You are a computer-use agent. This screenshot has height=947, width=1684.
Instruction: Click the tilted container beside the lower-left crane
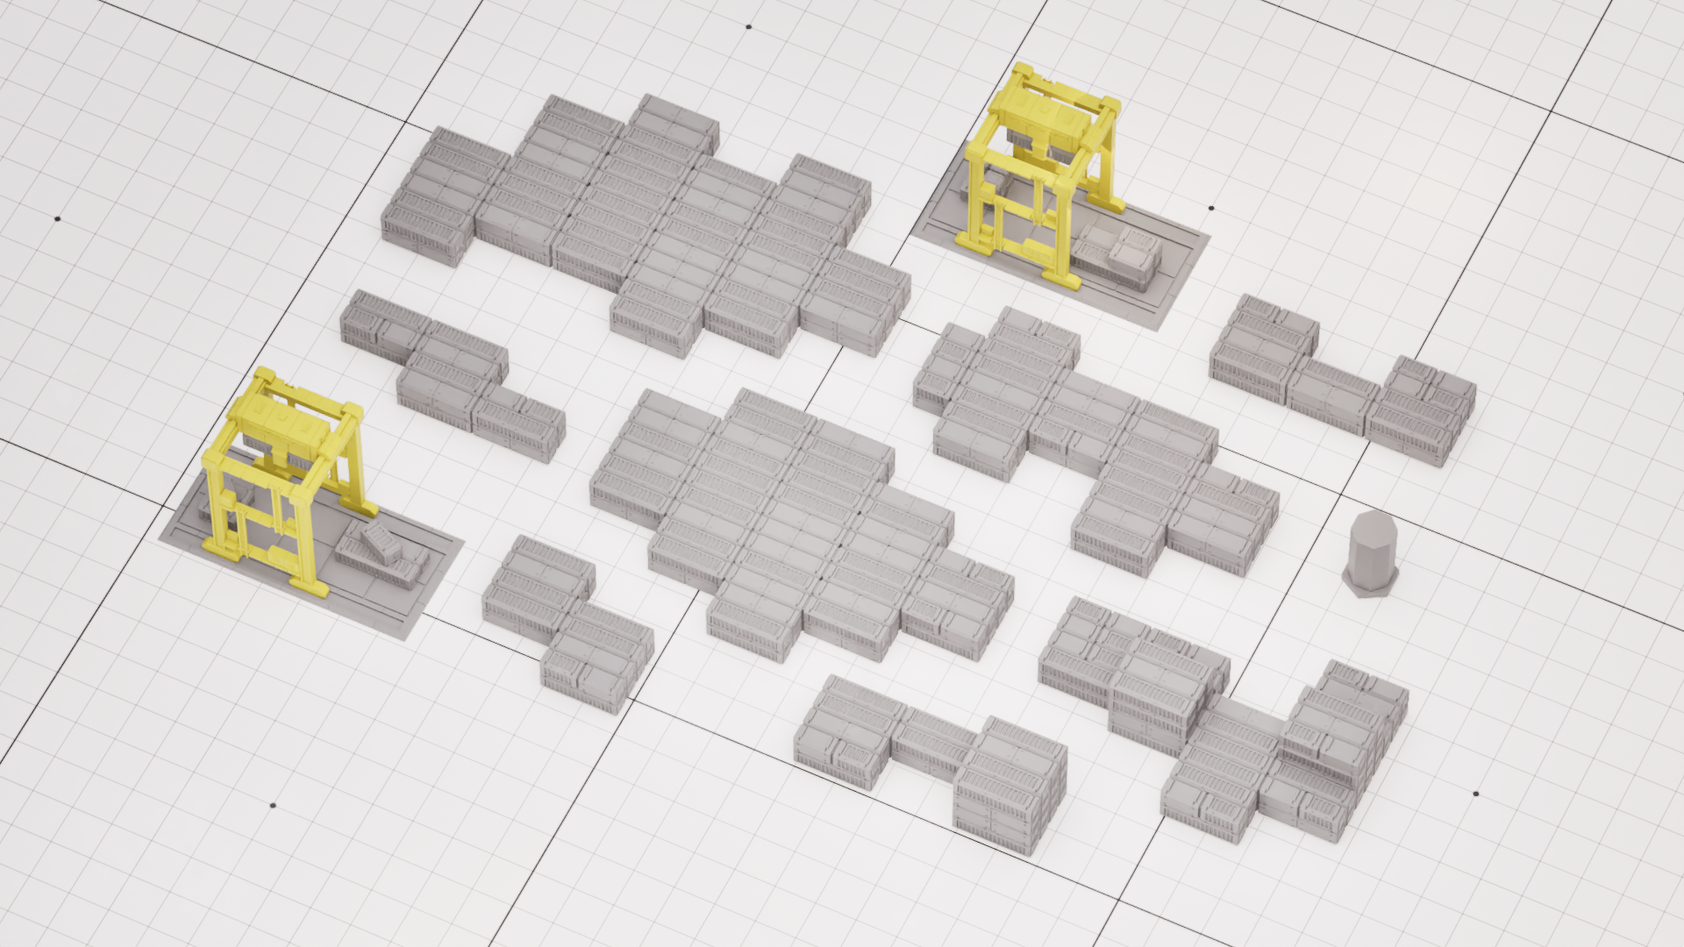pyautogui.click(x=379, y=541)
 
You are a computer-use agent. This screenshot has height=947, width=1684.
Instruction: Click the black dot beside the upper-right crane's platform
pyautogui.click(x=1211, y=209)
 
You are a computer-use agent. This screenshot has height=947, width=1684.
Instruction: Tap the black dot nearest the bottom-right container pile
pyautogui.click(x=1475, y=794)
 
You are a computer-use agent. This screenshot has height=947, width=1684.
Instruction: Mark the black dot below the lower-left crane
pyautogui.click(x=273, y=805)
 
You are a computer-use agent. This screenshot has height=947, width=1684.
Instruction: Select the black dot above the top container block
pyautogui.click(x=748, y=26)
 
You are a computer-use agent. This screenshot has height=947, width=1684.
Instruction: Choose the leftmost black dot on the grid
pyautogui.click(x=58, y=218)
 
